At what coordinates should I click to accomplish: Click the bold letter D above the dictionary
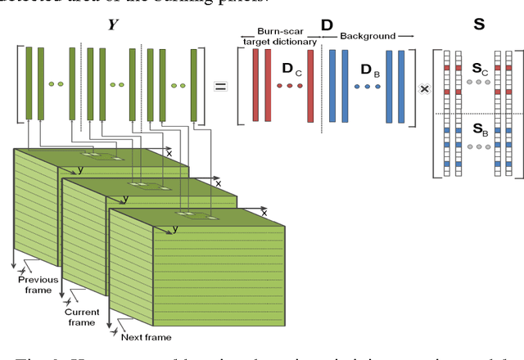tap(327, 25)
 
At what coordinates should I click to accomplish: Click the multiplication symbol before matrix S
tap(423, 87)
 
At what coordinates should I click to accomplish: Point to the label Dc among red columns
tap(291, 70)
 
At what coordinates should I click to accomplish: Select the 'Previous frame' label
tap(38, 286)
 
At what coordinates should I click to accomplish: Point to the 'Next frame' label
tap(147, 337)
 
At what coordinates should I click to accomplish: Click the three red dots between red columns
tap(289, 85)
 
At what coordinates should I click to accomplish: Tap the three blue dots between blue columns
tap(366, 85)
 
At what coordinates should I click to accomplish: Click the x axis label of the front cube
tap(264, 213)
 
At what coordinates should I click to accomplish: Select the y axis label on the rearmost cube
tap(80, 170)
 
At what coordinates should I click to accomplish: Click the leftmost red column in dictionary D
tap(255, 85)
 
